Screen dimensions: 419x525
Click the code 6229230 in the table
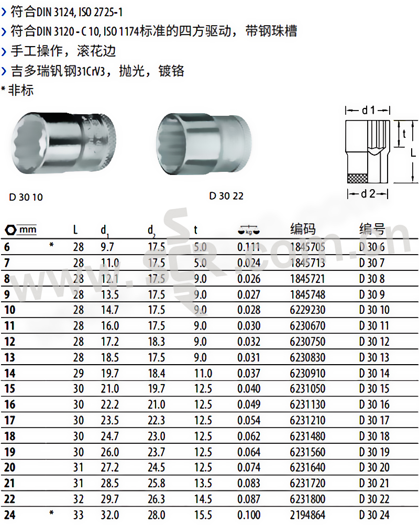(307, 310)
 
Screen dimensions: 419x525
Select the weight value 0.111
(249, 247)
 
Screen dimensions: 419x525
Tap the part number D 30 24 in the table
(374, 515)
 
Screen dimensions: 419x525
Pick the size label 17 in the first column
(10, 420)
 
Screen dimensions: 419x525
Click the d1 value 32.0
(110, 515)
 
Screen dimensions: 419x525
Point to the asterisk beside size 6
(51, 245)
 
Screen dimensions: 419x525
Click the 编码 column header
(303, 229)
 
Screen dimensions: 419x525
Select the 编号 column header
(372, 229)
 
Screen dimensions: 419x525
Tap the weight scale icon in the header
(249, 231)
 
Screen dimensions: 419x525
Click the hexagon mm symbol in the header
(20, 229)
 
